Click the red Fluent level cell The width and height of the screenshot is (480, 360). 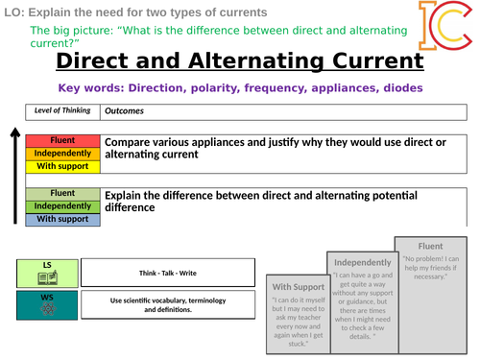(x=62, y=141)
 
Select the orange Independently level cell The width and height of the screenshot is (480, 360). (x=62, y=154)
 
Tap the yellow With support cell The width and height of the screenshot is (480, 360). (x=62, y=166)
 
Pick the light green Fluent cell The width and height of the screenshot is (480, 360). (x=62, y=194)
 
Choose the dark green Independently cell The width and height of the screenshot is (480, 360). (x=62, y=206)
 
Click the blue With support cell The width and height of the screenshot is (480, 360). (x=62, y=219)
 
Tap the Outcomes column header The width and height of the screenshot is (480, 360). (x=125, y=109)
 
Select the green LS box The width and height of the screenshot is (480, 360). (x=47, y=273)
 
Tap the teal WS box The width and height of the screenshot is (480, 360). (x=47, y=305)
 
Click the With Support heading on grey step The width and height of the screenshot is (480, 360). (x=300, y=286)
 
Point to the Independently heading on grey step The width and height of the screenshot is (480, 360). (x=362, y=262)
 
